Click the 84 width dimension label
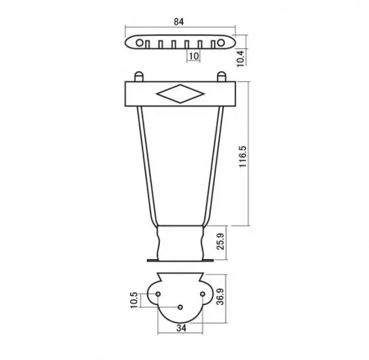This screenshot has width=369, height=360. pyautogui.click(x=179, y=21)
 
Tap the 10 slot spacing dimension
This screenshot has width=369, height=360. pyautogui.click(x=194, y=56)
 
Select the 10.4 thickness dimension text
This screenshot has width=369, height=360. pyautogui.click(x=240, y=58)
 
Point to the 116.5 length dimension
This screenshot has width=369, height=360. pyautogui.click(x=243, y=157)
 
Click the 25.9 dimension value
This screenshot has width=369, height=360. pyautogui.click(x=221, y=241)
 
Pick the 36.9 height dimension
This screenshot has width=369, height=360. pyautogui.click(x=220, y=297)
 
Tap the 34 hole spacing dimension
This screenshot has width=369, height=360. pyautogui.click(x=181, y=328)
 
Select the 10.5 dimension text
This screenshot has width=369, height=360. pyautogui.click(x=134, y=300)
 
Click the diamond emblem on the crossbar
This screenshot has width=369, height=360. pyautogui.click(x=180, y=93)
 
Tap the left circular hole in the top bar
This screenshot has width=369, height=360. pyautogui.click(x=139, y=43)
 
